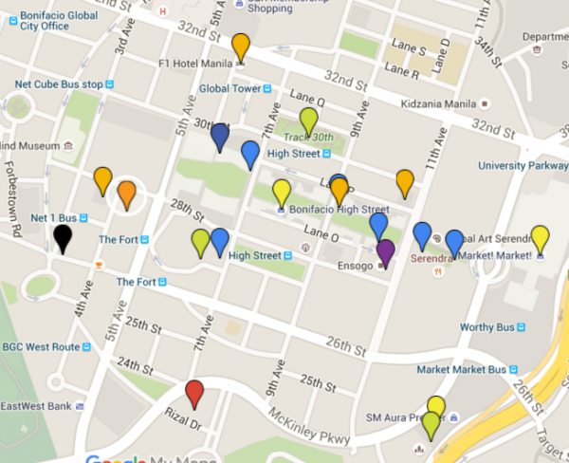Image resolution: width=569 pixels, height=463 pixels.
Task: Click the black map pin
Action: (x=62, y=237)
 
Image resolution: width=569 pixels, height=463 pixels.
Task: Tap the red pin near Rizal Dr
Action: (x=194, y=393)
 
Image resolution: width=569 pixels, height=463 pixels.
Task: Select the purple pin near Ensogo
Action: (x=385, y=252)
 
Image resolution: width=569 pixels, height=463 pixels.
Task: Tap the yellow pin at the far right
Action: (x=540, y=239)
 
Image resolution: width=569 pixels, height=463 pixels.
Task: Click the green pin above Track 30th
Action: (x=308, y=120)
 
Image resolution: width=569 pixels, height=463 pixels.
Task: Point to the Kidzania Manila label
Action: (x=439, y=102)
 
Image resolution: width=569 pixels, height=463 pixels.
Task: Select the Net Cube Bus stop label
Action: (x=58, y=84)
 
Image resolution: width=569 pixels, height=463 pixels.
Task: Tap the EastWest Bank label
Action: (x=36, y=406)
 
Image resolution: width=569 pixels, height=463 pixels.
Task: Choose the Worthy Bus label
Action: (x=486, y=327)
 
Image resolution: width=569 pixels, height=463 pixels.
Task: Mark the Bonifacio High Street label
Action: (x=339, y=210)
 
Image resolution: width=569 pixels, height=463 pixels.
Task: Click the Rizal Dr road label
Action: (x=182, y=418)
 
